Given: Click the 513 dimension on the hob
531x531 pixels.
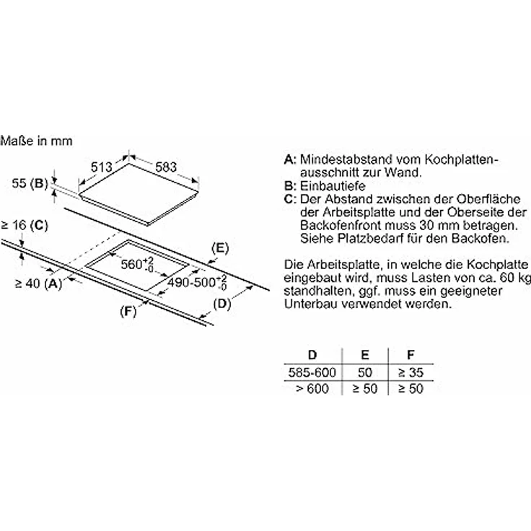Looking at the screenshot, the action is click(101, 167).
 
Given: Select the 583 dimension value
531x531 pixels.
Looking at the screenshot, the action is click(166, 167).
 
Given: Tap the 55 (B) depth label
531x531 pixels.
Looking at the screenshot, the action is click(30, 183).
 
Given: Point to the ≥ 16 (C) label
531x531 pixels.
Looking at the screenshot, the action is click(25, 225).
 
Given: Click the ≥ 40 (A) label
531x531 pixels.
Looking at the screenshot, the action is click(39, 283).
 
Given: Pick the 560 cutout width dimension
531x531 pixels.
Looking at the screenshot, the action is click(137, 264).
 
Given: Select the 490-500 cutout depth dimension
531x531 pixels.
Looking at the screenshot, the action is click(197, 282).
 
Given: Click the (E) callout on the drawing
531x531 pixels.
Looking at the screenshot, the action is click(220, 248).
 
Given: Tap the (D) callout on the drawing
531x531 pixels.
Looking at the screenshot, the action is click(222, 304).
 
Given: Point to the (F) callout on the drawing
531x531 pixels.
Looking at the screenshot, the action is click(128, 311).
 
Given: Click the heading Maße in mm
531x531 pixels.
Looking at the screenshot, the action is click(36, 141).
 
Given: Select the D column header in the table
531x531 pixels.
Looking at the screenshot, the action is click(312, 354).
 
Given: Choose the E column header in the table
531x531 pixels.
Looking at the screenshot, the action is click(365, 354).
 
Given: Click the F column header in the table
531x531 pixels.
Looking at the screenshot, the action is click(411, 354).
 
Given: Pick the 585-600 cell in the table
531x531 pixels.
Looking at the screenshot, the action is click(312, 372).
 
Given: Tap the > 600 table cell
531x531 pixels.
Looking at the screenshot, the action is click(312, 388).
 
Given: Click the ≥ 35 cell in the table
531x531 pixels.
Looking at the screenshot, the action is click(411, 372).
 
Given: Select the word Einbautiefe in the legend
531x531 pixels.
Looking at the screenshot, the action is click(333, 186).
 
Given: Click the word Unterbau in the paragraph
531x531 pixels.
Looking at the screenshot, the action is click(311, 304).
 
